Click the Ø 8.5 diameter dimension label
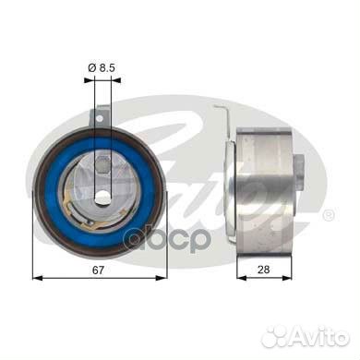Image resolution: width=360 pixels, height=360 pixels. (x=102, y=67)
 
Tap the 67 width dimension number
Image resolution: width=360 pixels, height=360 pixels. (x=98, y=270)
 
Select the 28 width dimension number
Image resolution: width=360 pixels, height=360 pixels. (x=264, y=270)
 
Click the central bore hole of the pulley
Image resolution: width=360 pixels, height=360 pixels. (x=102, y=197)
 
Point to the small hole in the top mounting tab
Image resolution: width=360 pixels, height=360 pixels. (x=99, y=118)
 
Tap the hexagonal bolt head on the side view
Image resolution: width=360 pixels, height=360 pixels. (x=299, y=173)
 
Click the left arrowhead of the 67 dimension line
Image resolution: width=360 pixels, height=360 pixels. (x=37, y=278)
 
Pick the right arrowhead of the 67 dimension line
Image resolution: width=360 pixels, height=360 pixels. (x=162, y=278)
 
